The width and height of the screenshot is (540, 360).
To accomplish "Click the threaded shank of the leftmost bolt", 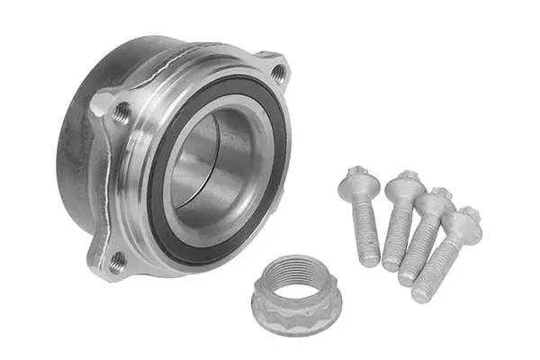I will pyautogui.click(x=364, y=229).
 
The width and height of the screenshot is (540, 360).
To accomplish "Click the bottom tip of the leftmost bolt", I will pyautogui.click(x=370, y=260).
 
